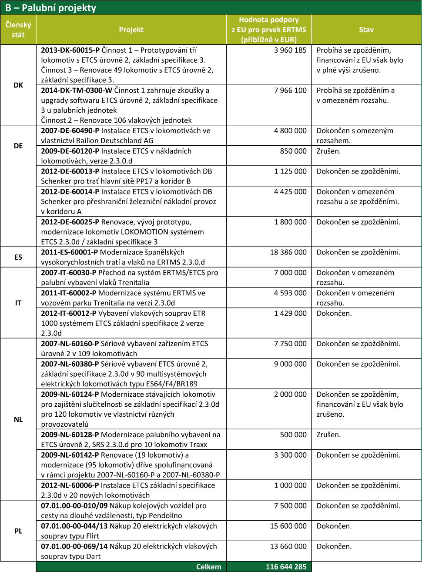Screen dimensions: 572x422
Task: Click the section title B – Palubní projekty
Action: click(51, 8)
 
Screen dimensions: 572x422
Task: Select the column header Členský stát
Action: click(18, 30)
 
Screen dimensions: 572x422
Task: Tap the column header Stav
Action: click(366, 30)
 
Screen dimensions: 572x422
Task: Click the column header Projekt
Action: click(131, 30)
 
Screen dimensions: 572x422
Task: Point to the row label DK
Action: click(18, 85)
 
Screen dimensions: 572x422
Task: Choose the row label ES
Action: click(18, 257)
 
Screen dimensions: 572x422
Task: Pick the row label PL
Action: click(18, 531)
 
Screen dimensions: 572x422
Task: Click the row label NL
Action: click(18, 419)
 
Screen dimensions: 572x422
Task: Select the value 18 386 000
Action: click(288, 252)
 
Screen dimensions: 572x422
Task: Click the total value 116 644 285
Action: click(286, 567)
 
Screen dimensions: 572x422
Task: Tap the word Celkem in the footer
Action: click(209, 567)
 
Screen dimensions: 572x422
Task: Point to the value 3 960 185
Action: click(290, 50)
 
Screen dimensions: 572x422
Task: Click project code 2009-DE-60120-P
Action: click(70, 151)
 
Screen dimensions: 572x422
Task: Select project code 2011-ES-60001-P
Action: click(70, 252)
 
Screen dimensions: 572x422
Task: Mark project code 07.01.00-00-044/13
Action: click(74, 526)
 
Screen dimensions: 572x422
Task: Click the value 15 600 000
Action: click(288, 526)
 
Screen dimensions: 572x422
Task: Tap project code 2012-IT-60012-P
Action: click(68, 313)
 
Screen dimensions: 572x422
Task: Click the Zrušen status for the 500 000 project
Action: click(328, 435)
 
